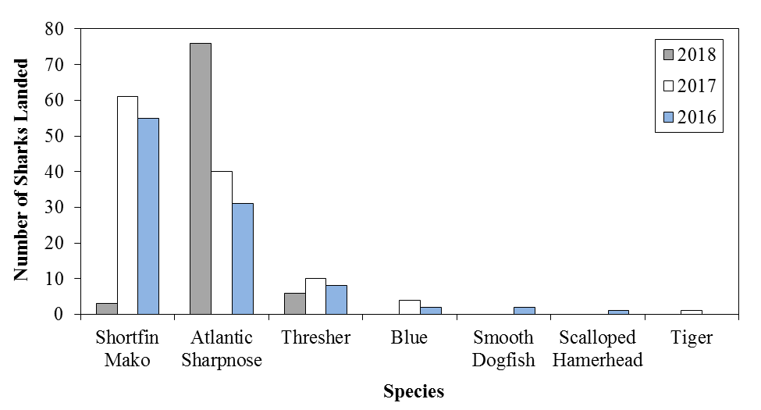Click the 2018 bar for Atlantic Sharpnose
pos(201,179)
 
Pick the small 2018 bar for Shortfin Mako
pos(106,308)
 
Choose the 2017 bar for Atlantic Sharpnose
pos(222,243)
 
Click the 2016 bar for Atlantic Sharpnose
pos(243,258)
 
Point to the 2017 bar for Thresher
pos(316,296)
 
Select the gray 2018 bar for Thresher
pos(295,303)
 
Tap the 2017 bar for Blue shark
pos(410,307)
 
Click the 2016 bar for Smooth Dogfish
pos(525,311)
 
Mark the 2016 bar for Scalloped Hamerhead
pos(618,312)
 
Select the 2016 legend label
pos(696,118)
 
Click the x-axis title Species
pos(413,391)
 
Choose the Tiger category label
pos(692,338)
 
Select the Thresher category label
pos(316,338)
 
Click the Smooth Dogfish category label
pos(503,348)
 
